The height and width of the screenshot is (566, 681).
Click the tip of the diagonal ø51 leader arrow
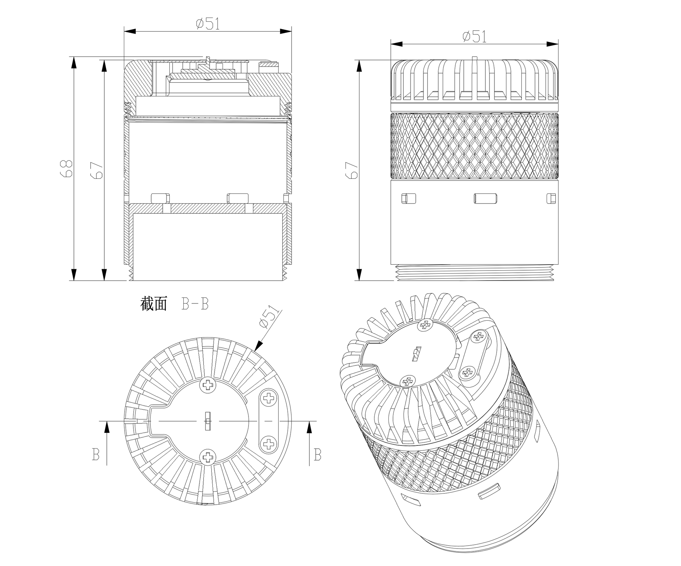click(254, 351)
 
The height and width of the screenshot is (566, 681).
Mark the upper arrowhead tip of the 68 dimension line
click(74, 57)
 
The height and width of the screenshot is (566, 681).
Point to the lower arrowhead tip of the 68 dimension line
click(74, 280)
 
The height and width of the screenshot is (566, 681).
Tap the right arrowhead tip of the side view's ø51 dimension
click(558, 44)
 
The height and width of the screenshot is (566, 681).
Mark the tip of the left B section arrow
click(107, 421)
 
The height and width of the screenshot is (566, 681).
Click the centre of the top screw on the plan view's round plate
click(208, 385)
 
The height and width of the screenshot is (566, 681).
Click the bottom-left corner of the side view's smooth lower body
click(391, 264)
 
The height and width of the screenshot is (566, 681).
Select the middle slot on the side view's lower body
click(486, 198)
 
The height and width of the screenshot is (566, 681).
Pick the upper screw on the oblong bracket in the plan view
click(269, 398)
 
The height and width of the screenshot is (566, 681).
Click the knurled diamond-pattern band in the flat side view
click(475, 146)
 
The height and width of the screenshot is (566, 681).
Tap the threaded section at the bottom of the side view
click(475, 272)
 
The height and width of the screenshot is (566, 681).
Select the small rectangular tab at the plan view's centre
click(208, 421)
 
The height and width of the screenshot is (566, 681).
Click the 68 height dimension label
click(67, 168)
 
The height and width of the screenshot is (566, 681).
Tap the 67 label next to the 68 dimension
click(97, 170)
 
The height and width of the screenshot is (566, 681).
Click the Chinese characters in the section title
click(154, 304)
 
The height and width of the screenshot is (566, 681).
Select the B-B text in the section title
click(195, 304)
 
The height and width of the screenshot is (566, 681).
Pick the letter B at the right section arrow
click(317, 455)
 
